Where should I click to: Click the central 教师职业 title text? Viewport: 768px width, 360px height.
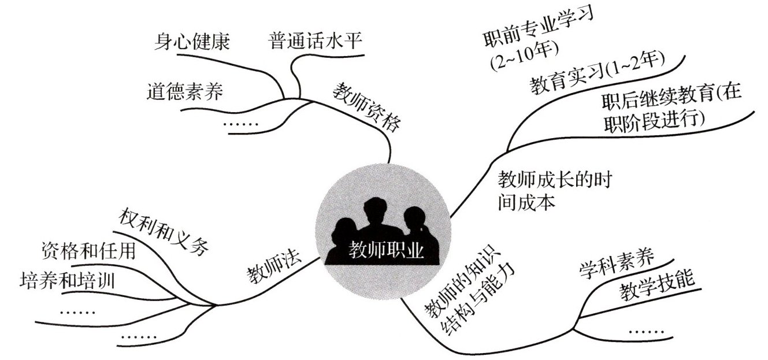pos(386,250)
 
